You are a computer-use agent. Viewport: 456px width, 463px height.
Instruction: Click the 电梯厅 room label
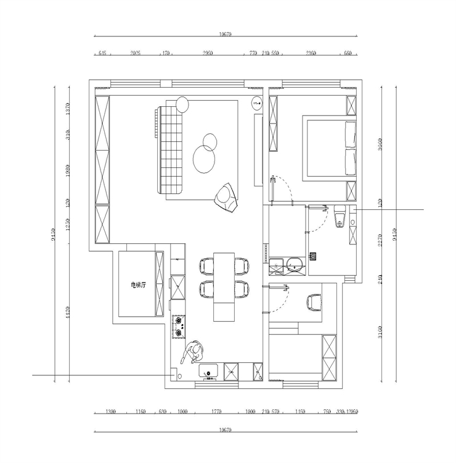pyautogui.click(x=138, y=285)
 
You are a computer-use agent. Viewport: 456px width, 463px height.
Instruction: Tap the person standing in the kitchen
pyautogui.click(x=193, y=354)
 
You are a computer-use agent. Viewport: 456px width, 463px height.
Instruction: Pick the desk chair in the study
pyautogui.click(x=313, y=301)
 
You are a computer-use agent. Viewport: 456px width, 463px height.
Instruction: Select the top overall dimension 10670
pyautogui.click(x=224, y=35)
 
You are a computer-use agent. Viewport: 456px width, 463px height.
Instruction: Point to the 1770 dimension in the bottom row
pyautogui.click(x=216, y=412)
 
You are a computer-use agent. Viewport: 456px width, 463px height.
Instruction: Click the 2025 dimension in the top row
pyautogui.click(x=136, y=54)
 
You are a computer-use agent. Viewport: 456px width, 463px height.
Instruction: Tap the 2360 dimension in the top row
pyautogui.click(x=311, y=54)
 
